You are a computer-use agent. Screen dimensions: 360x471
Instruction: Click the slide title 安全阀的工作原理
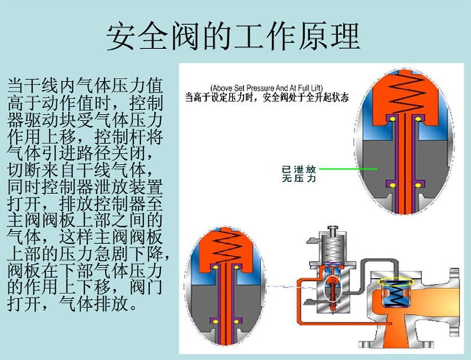tap(234, 36)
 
